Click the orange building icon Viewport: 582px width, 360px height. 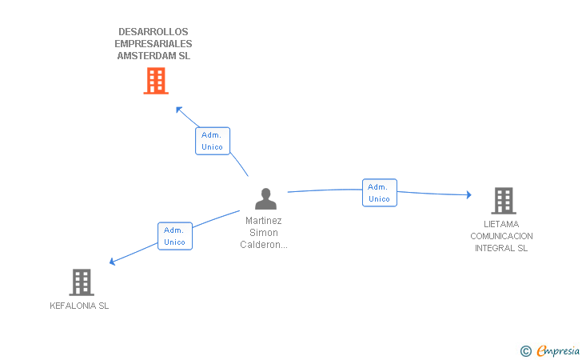[x=156, y=81]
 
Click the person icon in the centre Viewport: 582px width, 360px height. [x=265, y=198]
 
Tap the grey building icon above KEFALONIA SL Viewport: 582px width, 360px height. [x=82, y=282]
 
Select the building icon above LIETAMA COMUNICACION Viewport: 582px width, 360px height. [x=503, y=201]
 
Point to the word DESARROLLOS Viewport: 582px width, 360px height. [x=153, y=32]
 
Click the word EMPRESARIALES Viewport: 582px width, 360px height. [x=153, y=44]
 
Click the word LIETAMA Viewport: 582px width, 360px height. [x=501, y=224]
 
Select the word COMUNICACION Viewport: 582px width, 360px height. [x=501, y=236]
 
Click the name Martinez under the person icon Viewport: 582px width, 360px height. [x=263, y=221]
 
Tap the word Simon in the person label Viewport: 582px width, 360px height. [x=263, y=233]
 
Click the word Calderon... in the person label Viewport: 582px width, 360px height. [x=263, y=245]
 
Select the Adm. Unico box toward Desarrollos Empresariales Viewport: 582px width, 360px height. [x=212, y=141]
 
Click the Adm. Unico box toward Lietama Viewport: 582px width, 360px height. [x=379, y=193]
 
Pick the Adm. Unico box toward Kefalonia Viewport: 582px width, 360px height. [x=174, y=236]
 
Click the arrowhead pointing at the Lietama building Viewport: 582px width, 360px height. [x=468, y=194]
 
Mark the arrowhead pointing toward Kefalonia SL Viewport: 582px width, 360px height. [x=113, y=262]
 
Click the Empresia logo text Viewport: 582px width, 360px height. [x=559, y=350]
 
